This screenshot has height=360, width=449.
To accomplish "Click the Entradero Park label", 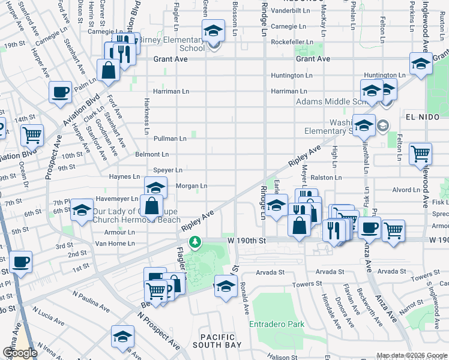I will tap(277, 325).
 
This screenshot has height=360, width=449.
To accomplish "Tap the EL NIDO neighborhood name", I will tap(419, 115).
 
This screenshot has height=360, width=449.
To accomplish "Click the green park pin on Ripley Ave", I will tap(194, 242).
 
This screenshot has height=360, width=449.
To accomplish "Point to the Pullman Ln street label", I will tap(170, 139).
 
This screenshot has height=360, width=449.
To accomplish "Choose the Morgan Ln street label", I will tap(191, 186).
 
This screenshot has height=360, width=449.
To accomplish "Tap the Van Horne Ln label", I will tap(117, 244).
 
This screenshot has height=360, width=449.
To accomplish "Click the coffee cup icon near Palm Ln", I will tap(60, 92).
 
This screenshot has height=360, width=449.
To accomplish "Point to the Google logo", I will tap(20, 353).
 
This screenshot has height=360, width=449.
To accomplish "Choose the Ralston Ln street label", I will tap(326, 178).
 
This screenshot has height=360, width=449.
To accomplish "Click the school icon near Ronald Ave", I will tap(225, 286).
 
